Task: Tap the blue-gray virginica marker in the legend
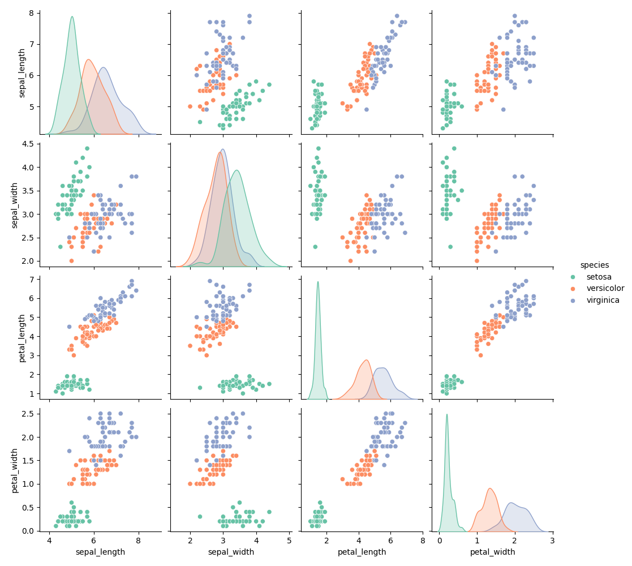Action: tap(573, 301)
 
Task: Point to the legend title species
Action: tap(594, 265)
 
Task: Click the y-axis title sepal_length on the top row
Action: tap(22, 72)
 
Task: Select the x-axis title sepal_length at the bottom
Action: tap(100, 552)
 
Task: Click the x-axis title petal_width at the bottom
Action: tap(492, 552)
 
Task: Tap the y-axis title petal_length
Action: tap(22, 337)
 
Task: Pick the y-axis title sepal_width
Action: tap(15, 205)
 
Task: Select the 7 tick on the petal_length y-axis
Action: tap(32, 279)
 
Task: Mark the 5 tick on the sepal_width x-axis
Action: tap(289, 540)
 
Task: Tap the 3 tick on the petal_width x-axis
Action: tap(552, 540)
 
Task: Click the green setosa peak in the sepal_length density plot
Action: tap(72, 16)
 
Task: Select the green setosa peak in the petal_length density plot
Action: tap(318, 282)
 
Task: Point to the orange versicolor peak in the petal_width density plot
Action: tap(489, 488)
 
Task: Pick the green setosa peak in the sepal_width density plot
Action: tap(237, 170)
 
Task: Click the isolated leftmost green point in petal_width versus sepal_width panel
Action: tap(200, 516)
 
